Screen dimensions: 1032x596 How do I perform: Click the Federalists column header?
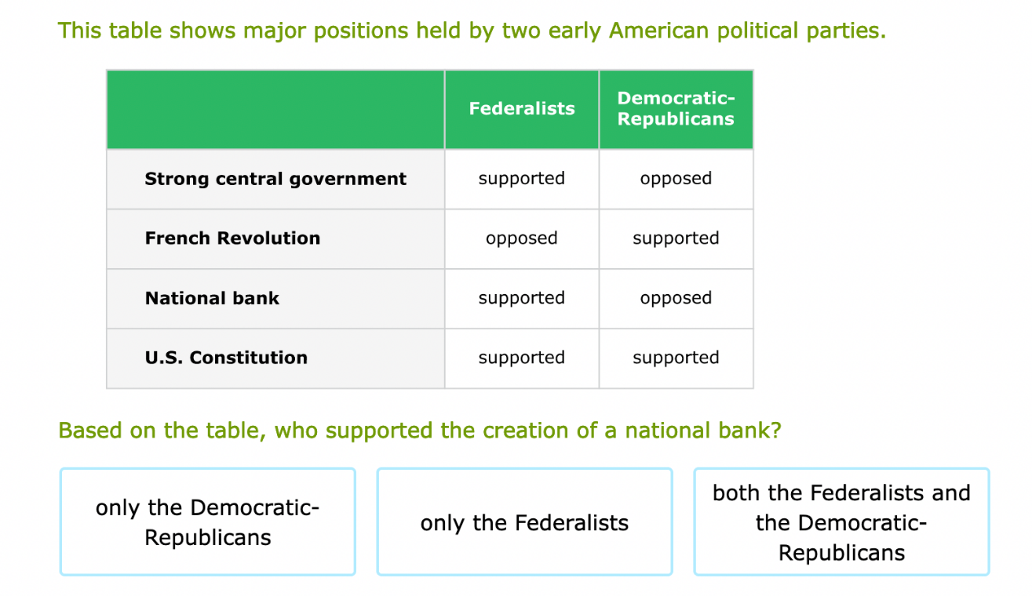pyautogui.click(x=522, y=109)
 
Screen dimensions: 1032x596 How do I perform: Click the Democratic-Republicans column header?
pyautogui.click(x=676, y=109)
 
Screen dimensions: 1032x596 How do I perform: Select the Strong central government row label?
pyautogui.click(x=275, y=179)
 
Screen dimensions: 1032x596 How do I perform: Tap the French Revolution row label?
pyautogui.click(x=232, y=238)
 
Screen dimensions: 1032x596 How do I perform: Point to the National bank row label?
pyautogui.click(x=212, y=298)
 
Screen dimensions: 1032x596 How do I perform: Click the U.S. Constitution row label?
pyautogui.click(x=226, y=358)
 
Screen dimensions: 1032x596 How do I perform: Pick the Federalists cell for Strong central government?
pyautogui.click(x=522, y=179)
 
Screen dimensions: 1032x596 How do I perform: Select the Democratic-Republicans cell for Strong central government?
pyautogui.click(x=676, y=179)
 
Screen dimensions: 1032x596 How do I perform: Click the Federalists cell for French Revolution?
pyautogui.click(x=522, y=238)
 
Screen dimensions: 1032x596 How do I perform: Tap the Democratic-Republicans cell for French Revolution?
pyautogui.click(x=676, y=238)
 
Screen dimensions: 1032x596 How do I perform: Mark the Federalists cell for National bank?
pyautogui.click(x=522, y=298)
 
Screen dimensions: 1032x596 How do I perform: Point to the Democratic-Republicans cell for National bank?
pyautogui.click(x=676, y=298)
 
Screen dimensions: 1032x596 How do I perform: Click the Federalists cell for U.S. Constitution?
pyautogui.click(x=522, y=358)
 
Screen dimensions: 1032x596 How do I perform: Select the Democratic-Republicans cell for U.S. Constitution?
pyautogui.click(x=676, y=358)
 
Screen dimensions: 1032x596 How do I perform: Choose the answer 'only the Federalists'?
pyautogui.click(x=524, y=522)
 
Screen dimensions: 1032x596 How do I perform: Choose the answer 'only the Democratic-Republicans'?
pyautogui.click(x=208, y=522)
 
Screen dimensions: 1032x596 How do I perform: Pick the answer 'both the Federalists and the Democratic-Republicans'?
pyautogui.click(x=841, y=522)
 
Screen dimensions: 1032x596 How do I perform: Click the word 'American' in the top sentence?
pyautogui.click(x=658, y=31)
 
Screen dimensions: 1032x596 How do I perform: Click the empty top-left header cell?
pyautogui.click(x=275, y=110)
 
